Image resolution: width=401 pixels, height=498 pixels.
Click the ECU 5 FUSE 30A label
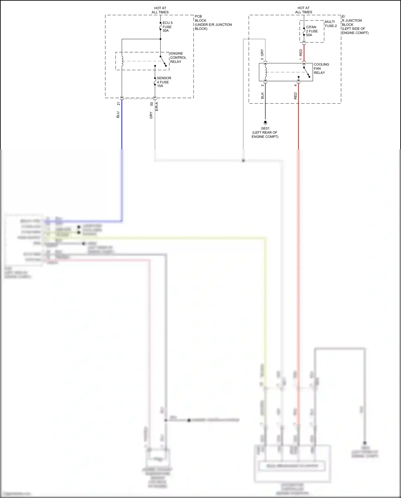167,27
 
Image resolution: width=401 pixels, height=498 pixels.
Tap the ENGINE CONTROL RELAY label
178,58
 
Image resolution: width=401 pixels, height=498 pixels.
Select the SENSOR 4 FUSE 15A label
164,82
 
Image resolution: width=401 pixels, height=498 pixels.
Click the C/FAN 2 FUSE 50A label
312,31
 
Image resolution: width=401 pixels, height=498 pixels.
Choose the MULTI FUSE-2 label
331,24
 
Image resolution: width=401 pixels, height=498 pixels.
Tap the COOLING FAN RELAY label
321,69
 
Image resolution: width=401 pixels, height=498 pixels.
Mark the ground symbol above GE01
265,123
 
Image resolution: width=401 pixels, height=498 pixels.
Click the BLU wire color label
118,115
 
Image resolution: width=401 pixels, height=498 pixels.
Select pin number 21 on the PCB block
118,104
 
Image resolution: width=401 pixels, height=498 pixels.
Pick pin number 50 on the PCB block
152,104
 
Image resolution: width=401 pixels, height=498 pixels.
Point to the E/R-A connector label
157,107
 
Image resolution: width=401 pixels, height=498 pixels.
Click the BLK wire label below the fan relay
262,96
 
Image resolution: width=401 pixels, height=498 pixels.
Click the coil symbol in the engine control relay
122,61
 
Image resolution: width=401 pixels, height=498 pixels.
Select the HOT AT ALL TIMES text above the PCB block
160,10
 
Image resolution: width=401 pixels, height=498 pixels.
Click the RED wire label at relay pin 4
295,96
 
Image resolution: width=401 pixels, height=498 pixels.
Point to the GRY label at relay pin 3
262,52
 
